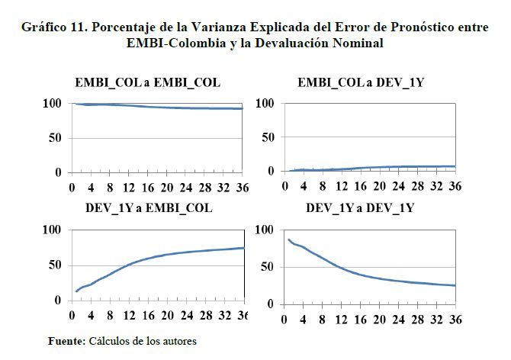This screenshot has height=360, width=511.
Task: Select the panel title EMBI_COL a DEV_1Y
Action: click(361, 82)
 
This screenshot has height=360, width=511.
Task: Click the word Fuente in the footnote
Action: click(66, 341)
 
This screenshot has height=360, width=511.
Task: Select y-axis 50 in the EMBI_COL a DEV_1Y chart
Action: click(265, 137)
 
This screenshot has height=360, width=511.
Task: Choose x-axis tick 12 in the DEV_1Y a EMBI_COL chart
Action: click(129, 314)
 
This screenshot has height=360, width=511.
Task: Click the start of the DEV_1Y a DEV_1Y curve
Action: click(288, 239)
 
